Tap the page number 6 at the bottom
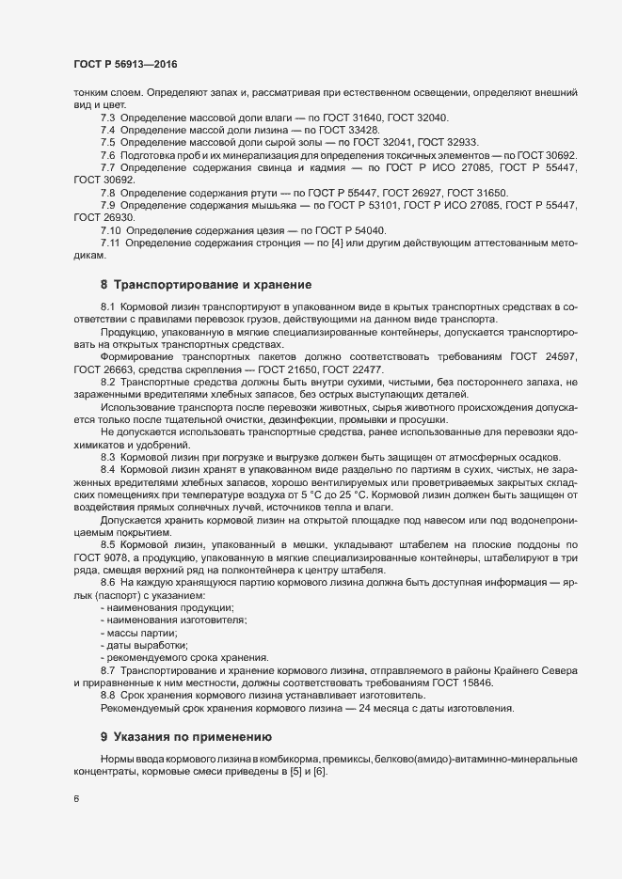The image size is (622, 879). [76, 800]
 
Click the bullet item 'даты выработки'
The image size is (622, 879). [145, 645]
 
